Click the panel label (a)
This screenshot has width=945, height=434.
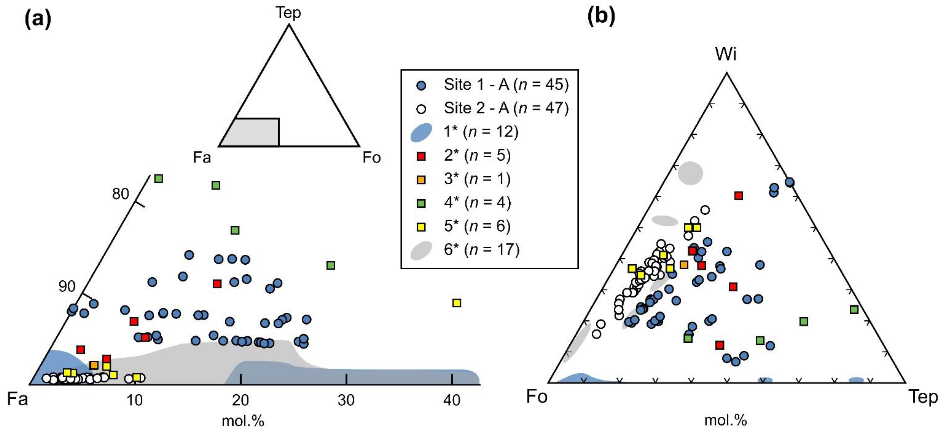click(37, 19)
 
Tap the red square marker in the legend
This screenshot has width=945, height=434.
click(422, 156)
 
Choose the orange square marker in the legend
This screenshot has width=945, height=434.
click(422, 180)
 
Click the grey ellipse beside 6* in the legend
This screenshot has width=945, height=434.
click(421, 250)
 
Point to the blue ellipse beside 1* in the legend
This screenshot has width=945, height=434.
click(421, 133)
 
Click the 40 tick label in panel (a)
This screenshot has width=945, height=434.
click(452, 400)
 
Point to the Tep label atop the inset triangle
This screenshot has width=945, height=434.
click(288, 13)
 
